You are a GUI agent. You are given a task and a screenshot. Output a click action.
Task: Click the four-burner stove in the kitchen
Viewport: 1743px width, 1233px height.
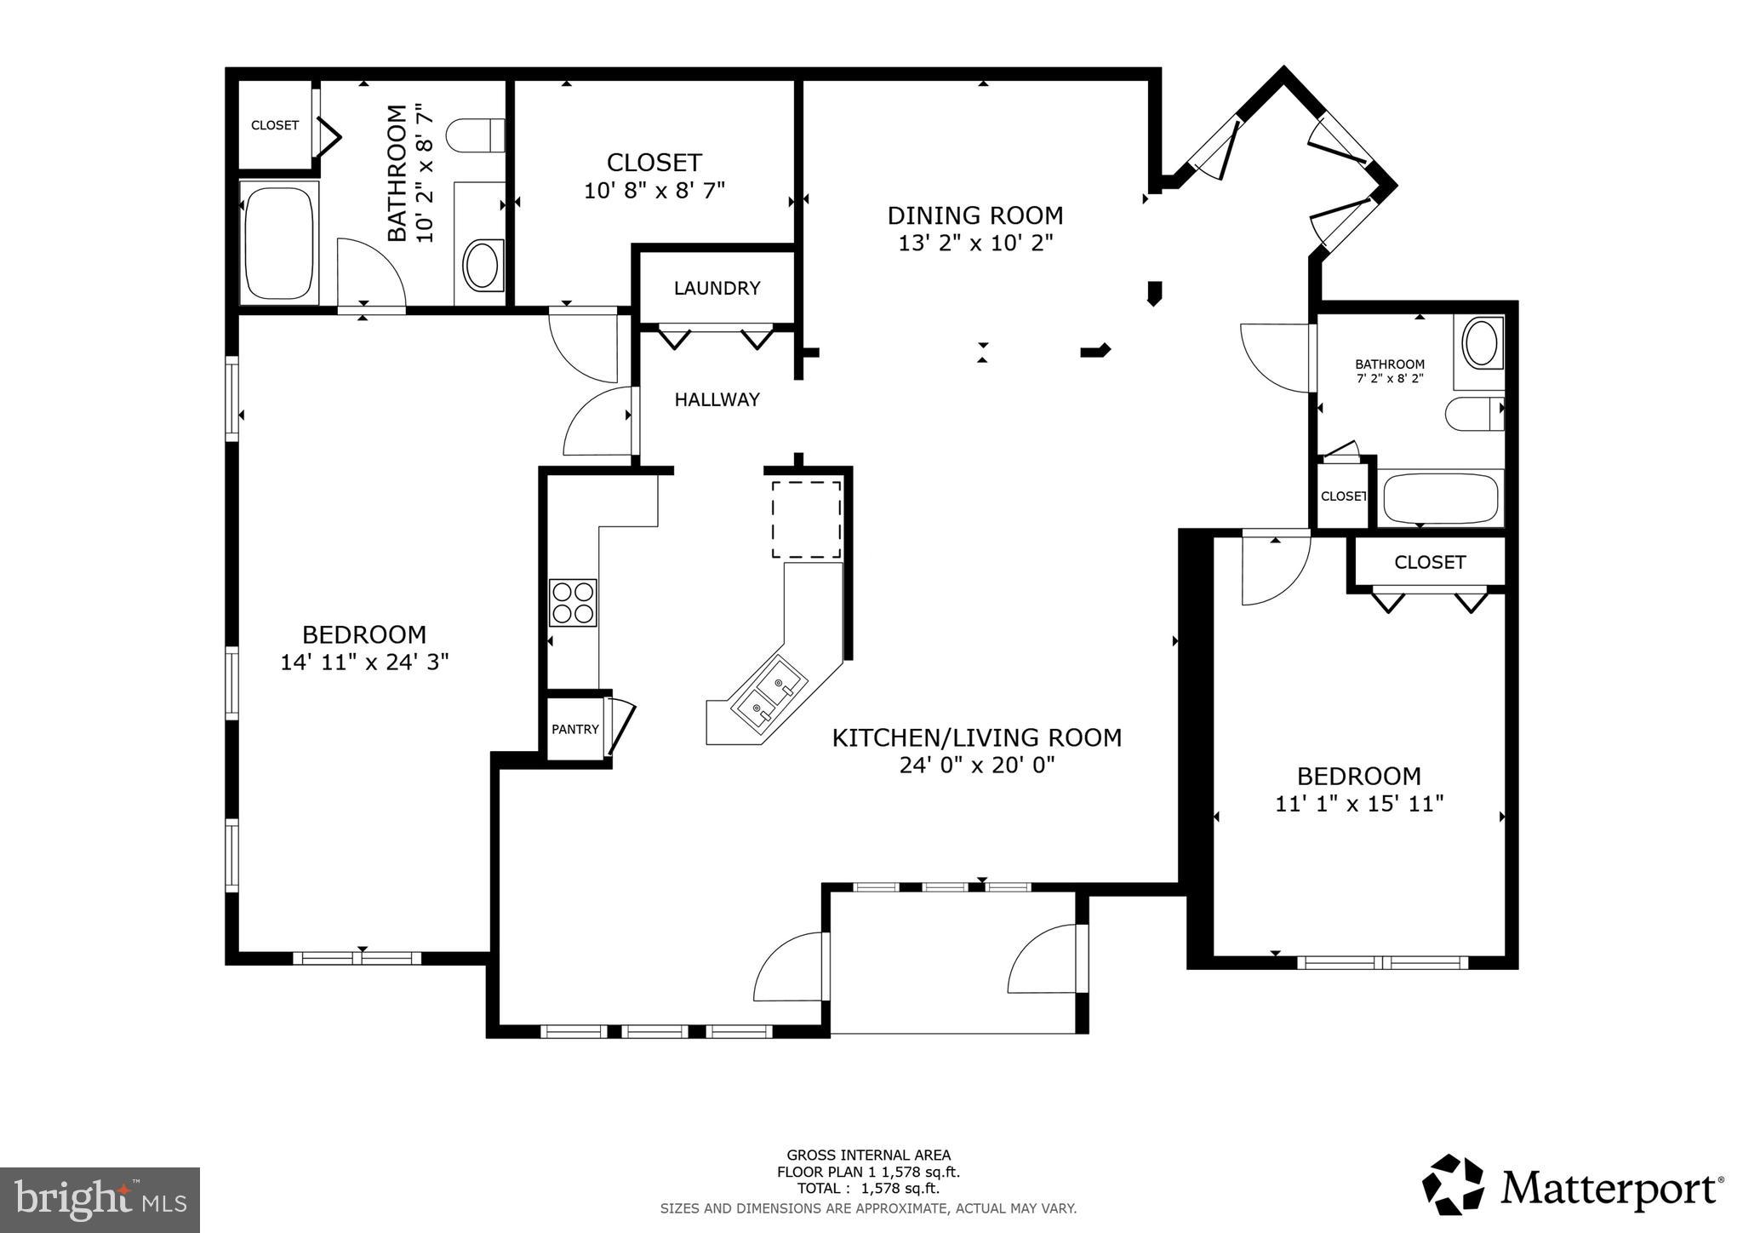[573, 602]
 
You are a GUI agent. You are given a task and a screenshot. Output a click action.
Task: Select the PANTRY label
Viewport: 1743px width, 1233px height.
[575, 729]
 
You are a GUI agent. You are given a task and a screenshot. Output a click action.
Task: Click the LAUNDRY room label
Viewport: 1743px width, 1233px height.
[717, 288]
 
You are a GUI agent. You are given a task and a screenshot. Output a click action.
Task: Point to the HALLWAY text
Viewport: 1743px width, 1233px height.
[717, 399]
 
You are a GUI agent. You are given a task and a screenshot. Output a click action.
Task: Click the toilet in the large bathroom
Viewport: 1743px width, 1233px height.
[477, 135]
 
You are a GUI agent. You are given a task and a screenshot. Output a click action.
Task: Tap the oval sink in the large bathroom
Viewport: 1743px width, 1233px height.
[483, 265]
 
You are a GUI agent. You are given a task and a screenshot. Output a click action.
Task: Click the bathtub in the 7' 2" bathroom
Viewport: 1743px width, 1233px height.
[1440, 500]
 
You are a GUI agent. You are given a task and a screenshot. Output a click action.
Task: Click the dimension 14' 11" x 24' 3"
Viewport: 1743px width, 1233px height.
[364, 662]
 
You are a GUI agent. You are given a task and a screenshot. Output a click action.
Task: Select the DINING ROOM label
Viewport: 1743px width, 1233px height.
[975, 215]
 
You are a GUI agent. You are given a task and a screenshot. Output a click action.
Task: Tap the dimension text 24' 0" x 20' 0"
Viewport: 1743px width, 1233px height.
[977, 765]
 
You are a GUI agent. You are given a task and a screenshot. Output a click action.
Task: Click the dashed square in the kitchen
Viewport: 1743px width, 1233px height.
[806, 519]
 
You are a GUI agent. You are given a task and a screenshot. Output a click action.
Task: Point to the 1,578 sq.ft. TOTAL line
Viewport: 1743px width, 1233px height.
[868, 1189]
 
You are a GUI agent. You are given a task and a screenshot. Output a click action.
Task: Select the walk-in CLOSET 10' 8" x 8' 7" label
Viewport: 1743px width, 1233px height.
[654, 163]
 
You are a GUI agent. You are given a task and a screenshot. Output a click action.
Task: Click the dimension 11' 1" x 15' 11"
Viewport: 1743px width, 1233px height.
[1359, 803]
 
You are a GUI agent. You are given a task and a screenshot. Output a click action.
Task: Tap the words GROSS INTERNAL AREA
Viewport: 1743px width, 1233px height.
[868, 1156]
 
